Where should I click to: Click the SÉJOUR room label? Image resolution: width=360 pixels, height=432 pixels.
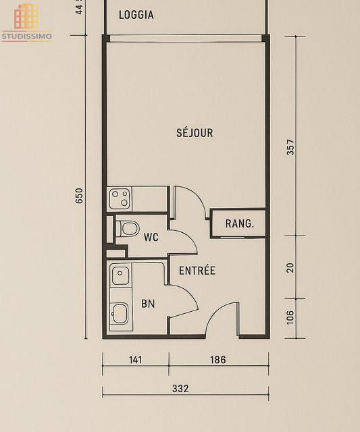coord(195,133)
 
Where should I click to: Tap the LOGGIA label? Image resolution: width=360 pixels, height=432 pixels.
coord(136,15)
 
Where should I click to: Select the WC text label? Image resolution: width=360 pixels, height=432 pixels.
coord(151,237)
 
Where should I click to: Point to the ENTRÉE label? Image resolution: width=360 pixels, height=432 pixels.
coord(197,271)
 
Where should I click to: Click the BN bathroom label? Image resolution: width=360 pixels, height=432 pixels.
coord(148,304)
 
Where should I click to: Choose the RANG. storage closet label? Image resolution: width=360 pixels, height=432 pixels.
coord(239,223)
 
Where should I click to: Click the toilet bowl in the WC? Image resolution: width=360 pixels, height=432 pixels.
coord(127,228)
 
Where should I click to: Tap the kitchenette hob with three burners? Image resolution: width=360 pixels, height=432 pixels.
coord(120,199)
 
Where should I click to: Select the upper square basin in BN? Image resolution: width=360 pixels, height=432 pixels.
coord(120,275)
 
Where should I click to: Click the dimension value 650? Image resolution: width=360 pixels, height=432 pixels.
coord(79,196)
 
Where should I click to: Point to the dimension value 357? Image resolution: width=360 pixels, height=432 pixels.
coord(290,147)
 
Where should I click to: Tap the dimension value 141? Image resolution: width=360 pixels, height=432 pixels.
coord(136,360)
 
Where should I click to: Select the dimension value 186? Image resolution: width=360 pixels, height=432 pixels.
coord(217,360)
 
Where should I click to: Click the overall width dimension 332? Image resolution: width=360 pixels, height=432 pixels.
coord(180,389)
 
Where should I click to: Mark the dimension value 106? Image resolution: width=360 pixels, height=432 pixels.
coord(290,317)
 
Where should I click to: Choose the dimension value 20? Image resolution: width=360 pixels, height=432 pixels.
coord(290,267)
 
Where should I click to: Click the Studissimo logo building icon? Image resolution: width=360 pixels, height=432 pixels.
coord(27,16)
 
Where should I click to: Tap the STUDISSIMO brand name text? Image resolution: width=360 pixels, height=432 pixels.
coord(27,36)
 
